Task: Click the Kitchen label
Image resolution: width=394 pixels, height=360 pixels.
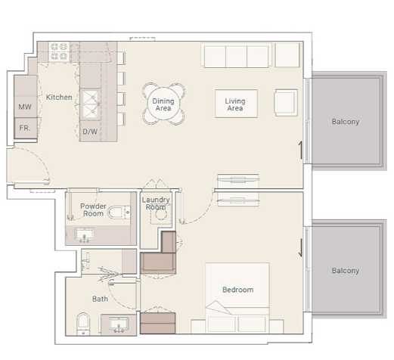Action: click(x=59, y=98)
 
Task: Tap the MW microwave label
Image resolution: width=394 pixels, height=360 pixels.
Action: click(x=25, y=107)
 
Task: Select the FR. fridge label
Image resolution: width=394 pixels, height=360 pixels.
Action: click(x=25, y=129)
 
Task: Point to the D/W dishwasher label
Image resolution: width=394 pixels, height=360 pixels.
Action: click(x=90, y=132)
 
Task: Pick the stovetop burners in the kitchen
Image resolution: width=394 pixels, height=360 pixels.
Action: click(x=59, y=51)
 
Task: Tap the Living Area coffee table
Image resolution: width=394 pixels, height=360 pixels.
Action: click(x=235, y=104)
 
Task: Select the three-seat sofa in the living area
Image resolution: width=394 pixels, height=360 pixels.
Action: click(x=236, y=56)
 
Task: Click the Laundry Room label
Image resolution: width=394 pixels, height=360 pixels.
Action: click(x=155, y=203)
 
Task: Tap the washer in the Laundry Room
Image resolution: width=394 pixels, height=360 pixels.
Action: click(x=160, y=216)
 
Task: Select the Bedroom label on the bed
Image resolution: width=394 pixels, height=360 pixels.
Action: click(x=237, y=290)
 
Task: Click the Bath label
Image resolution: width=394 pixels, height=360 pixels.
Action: click(x=100, y=299)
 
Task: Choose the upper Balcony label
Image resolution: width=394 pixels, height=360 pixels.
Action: click(x=345, y=122)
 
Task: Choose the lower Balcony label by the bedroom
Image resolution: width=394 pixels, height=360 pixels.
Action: click(x=345, y=270)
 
